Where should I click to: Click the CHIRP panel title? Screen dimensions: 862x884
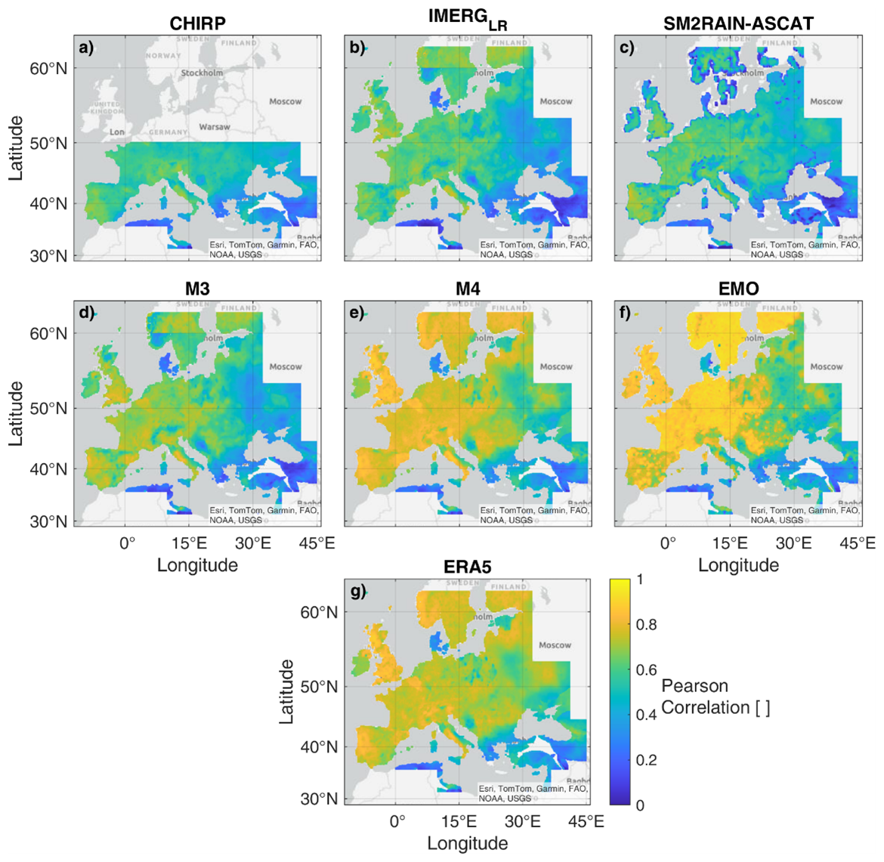click(x=197, y=23)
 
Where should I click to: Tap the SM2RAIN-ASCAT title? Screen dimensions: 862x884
click(x=738, y=23)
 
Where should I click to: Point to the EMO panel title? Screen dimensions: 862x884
click(x=738, y=289)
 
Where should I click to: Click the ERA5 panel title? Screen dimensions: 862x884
click(x=468, y=567)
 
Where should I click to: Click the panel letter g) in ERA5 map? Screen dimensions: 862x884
click(x=357, y=592)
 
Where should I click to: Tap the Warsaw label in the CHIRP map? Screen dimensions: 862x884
click(x=215, y=127)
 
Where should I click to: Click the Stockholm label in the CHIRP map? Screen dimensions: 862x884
click(x=202, y=73)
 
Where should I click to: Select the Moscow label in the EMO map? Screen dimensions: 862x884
click(x=826, y=366)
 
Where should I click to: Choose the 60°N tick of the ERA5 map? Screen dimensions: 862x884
click(x=319, y=612)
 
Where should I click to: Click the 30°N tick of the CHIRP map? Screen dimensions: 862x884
click(x=48, y=256)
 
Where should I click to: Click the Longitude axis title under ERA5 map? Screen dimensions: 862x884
click(x=468, y=843)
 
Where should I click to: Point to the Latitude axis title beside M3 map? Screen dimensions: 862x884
click(x=16, y=412)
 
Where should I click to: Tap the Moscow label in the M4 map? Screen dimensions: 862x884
click(x=555, y=366)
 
